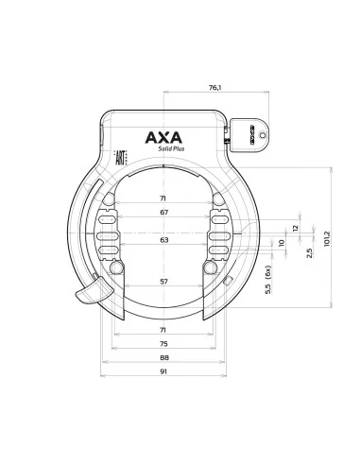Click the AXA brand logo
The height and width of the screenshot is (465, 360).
click(163, 138)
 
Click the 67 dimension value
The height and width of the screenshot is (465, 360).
click(163, 213)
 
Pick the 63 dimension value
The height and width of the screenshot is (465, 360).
click(163, 241)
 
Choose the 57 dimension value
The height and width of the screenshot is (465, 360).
click(163, 283)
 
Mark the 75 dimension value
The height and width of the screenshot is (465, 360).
click(163, 344)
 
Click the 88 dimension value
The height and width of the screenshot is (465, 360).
click(163, 358)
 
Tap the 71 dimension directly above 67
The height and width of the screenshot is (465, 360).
click(163, 199)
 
